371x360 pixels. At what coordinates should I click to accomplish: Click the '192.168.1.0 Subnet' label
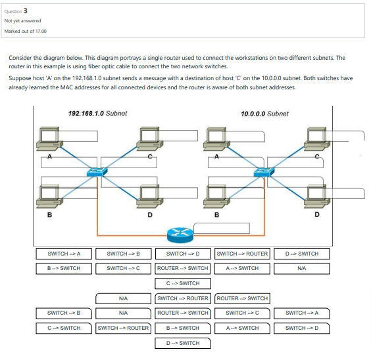click(97, 113)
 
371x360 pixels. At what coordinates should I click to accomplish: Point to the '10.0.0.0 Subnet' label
click(264, 113)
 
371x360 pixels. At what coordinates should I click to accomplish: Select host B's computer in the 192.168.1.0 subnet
click(49, 193)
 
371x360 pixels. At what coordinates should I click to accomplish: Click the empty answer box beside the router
click(228, 228)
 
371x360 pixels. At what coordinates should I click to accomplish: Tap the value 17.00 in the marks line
click(40, 30)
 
